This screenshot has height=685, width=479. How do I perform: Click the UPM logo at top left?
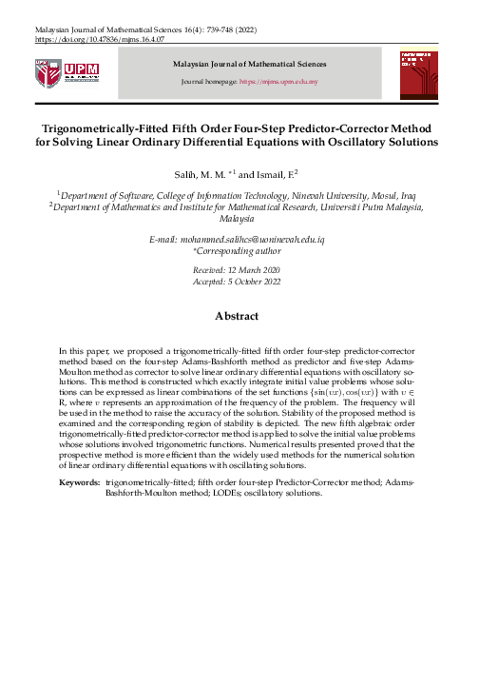tap(65, 72)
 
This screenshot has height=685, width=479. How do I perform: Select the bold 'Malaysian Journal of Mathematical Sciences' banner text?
tap(249, 64)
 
